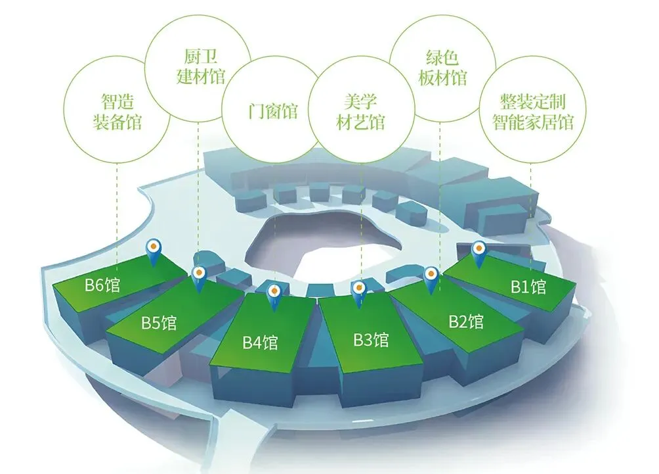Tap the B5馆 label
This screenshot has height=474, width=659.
[x=159, y=323]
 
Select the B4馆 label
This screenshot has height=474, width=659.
[x=261, y=343]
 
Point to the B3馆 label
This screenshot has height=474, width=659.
[x=372, y=340]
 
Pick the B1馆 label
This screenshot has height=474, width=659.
[x=528, y=287]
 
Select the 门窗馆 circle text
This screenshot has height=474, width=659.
[x=269, y=111]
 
